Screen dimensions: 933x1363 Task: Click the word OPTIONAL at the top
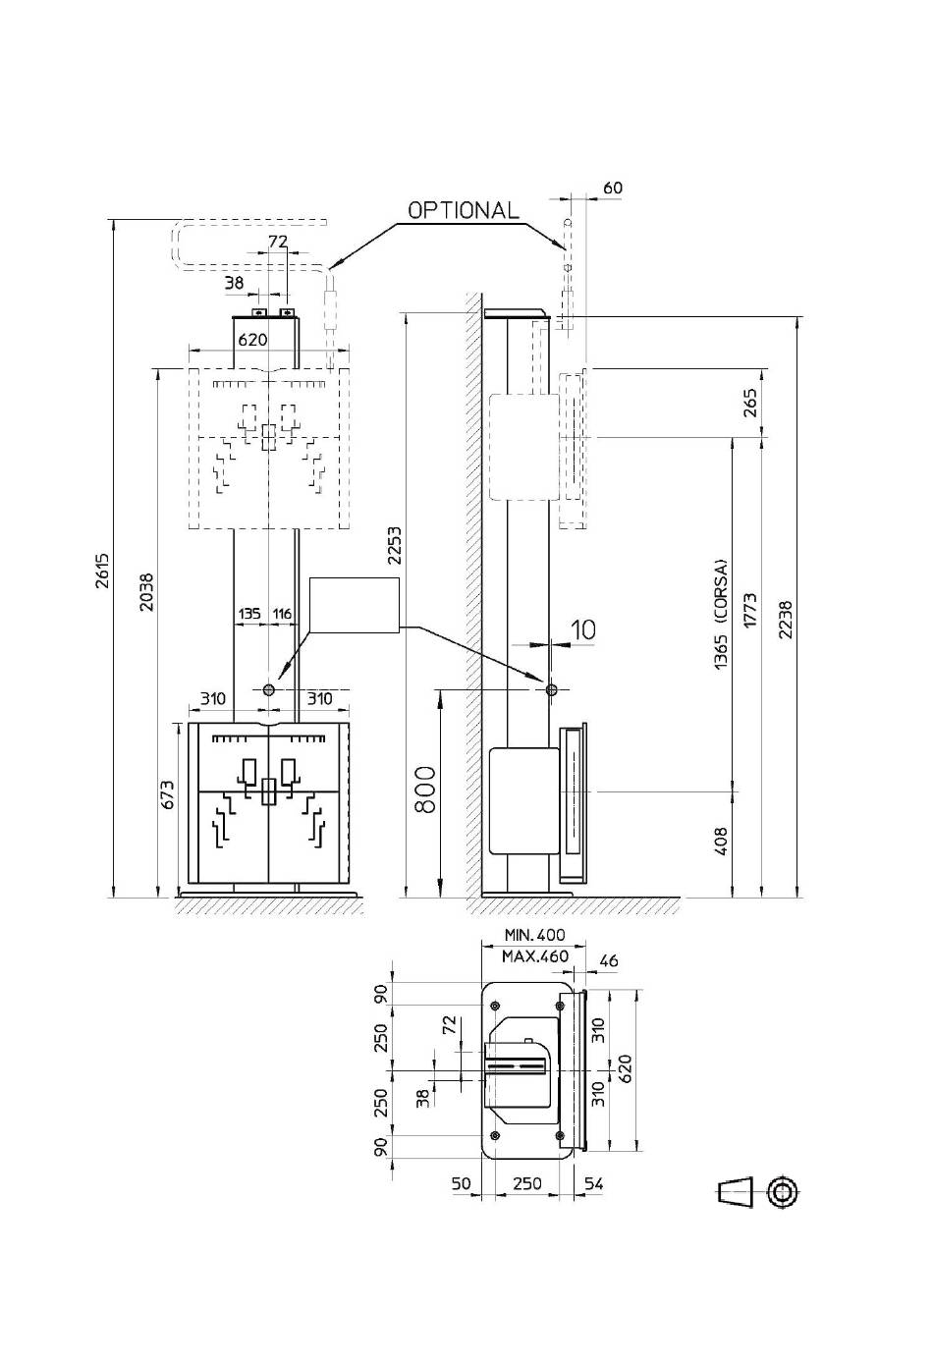click(464, 210)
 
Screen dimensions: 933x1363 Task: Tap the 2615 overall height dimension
click(103, 571)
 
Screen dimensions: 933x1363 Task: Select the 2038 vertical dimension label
click(146, 592)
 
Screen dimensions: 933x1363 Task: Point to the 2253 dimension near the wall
click(394, 546)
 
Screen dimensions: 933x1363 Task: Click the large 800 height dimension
click(425, 790)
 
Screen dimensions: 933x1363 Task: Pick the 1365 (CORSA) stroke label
click(721, 614)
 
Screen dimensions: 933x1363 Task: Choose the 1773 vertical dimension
click(750, 611)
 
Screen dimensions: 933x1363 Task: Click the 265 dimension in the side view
click(751, 403)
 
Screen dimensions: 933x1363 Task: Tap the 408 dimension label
click(721, 841)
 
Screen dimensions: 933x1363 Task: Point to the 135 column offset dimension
click(248, 614)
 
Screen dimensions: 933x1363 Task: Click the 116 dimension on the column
click(282, 614)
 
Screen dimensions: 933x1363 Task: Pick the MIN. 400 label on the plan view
click(535, 935)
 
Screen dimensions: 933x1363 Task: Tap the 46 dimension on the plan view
click(609, 960)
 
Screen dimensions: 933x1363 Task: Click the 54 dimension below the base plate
click(593, 1183)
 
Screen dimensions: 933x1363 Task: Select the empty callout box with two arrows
click(355, 605)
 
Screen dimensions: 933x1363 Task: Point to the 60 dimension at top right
click(613, 188)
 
